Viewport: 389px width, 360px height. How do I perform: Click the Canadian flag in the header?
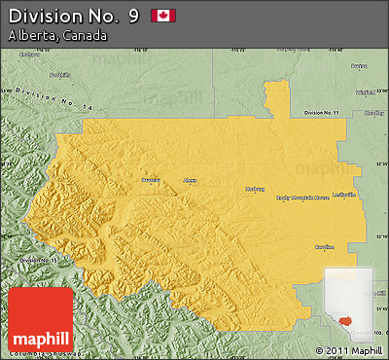point(162,16)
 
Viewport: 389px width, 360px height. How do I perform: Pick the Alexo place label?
point(191,180)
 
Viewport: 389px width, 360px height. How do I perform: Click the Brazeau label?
point(151,180)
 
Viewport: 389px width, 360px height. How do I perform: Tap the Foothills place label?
point(60,74)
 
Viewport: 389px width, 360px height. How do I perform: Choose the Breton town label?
point(359,65)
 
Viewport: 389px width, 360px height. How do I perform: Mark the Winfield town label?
point(365,92)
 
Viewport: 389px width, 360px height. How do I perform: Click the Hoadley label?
point(373,112)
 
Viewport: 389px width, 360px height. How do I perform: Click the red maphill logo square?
point(41,320)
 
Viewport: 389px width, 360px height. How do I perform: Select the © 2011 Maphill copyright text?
point(349,350)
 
